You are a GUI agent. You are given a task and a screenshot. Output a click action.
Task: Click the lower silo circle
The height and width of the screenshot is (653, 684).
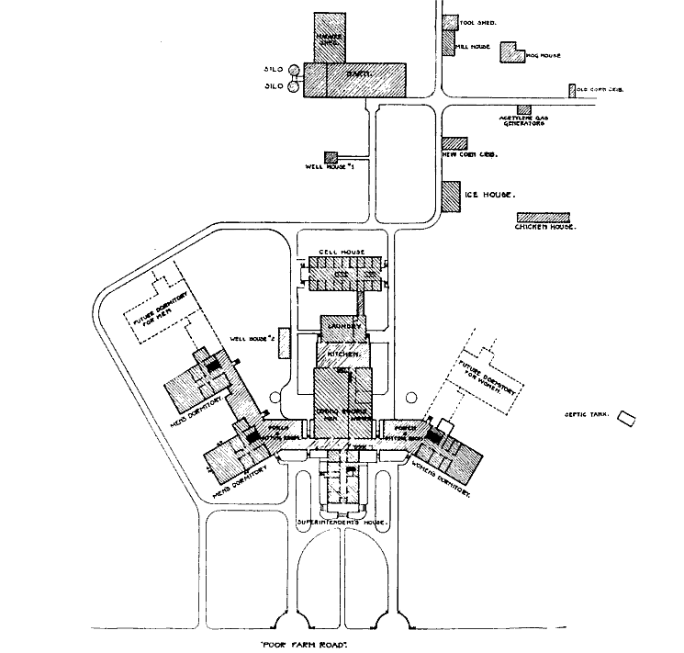click(x=295, y=86)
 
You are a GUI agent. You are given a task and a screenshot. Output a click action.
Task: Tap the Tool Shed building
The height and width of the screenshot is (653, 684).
click(x=450, y=22)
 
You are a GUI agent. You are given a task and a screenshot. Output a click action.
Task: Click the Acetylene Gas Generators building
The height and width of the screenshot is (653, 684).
click(x=523, y=109)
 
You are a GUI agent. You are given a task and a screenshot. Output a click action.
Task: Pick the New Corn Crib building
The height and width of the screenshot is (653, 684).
click(x=455, y=143)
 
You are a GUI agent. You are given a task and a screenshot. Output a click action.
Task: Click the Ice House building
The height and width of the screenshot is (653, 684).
click(x=450, y=196)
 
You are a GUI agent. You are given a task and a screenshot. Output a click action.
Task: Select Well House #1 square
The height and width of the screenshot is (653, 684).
click(x=331, y=158)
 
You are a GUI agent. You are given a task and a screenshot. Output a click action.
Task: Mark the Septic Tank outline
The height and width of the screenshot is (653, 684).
click(x=628, y=418)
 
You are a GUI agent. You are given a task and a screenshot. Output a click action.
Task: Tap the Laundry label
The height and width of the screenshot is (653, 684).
click(x=343, y=327)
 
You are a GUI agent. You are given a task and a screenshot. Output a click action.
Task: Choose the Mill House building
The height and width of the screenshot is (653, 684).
click(x=449, y=43)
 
